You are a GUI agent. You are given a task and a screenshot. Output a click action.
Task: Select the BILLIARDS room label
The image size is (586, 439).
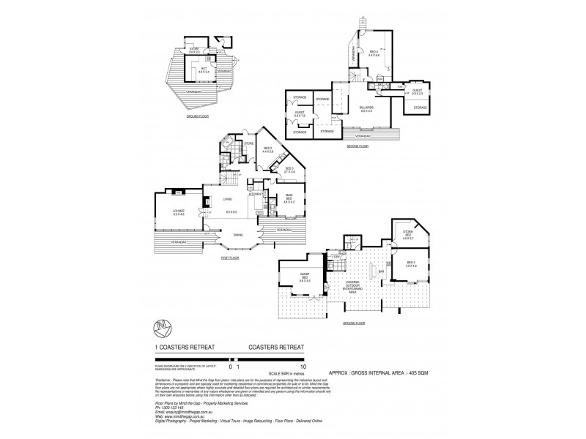pyautogui.click(x=366, y=108)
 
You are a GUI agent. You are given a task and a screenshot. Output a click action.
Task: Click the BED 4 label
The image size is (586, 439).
pyautogui.click(x=374, y=52)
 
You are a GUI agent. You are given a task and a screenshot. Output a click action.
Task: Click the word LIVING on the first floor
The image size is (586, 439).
pyautogui.click(x=228, y=198)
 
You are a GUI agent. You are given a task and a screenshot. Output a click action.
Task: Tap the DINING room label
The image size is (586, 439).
pyautogui.click(x=237, y=235)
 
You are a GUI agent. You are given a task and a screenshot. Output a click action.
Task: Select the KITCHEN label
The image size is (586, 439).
pyautogui.click(x=254, y=194)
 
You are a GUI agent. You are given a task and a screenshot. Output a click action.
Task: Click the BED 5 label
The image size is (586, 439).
pyautogui.click(x=410, y=263)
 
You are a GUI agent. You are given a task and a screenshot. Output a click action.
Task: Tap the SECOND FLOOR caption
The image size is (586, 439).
pyautogui.click(x=358, y=146)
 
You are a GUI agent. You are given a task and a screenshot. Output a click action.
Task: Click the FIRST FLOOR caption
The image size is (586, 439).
pyautogui.click(x=230, y=258)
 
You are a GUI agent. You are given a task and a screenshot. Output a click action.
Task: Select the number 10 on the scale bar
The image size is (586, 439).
pyautogui.click(x=303, y=364)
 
